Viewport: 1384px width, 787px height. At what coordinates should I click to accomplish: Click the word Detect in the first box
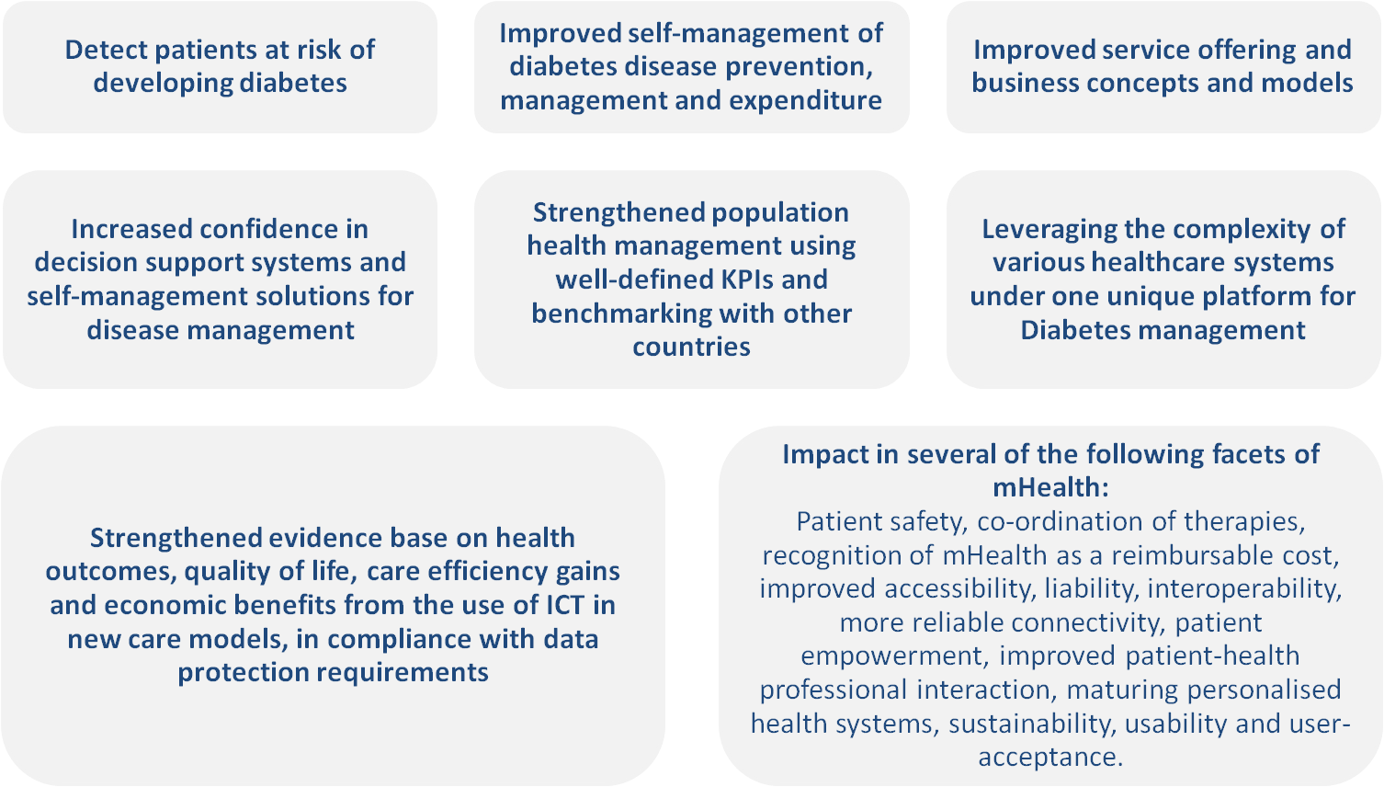[105, 50]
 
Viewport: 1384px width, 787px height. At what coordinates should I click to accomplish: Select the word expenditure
[806, 101]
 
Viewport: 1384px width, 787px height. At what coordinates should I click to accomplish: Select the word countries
[691, 347]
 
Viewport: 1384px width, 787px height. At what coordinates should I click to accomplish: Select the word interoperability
[1245, 589]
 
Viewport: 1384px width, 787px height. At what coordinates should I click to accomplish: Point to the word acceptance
[1050, 758]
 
